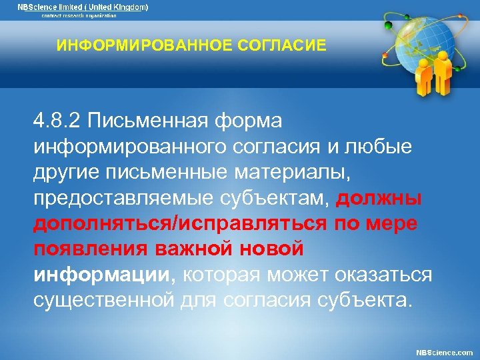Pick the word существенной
click(x=105, y=299)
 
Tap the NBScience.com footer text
click(x=444, y=352)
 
